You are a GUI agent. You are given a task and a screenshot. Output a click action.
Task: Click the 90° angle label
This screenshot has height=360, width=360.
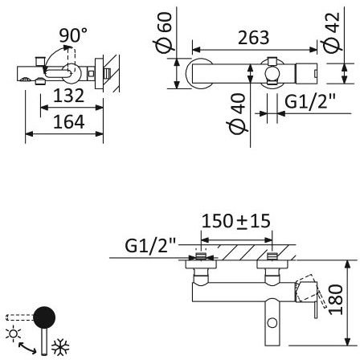[73, 35]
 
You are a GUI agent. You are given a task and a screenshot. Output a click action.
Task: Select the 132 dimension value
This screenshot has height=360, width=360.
[69, 96]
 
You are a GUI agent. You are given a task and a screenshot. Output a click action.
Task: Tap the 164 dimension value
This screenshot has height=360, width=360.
[69, 121]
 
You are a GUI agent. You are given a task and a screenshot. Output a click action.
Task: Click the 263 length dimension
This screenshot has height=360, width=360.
[253, 38]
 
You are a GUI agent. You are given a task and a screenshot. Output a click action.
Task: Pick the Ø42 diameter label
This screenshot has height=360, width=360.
[332, 31]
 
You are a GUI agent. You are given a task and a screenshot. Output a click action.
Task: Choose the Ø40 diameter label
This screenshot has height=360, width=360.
[237, 113]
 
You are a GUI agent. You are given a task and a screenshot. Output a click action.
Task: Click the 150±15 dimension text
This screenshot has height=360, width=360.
[236, 221]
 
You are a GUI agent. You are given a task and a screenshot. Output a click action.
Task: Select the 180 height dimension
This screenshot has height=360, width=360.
[336, 300]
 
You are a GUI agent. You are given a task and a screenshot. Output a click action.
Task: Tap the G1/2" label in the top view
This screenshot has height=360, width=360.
[310, 101]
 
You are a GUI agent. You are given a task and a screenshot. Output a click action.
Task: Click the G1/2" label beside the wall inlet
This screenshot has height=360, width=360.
[150, 245]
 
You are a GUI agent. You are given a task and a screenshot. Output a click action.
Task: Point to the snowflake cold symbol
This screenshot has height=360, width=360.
[60, 347]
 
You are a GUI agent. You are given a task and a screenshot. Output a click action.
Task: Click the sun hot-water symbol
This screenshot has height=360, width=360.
[13, 333]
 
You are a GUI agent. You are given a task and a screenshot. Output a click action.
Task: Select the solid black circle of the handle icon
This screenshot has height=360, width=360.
[44, 317]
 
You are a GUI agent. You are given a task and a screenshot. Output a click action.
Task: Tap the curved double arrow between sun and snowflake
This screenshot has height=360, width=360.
[27, 348]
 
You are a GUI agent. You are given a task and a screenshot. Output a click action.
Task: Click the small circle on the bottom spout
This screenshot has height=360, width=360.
[272, 322]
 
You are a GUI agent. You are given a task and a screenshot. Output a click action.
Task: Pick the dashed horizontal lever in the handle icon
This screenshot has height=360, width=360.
[20, 317]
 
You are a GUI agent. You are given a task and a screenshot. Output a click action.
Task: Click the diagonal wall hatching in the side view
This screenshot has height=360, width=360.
[112, 73]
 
